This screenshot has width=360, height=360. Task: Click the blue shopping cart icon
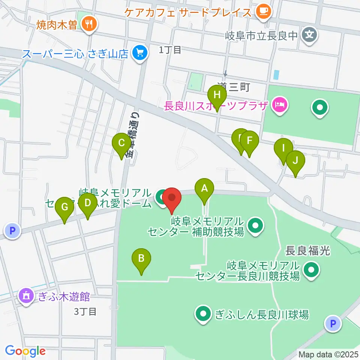[140, 53]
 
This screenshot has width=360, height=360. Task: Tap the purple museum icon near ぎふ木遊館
[26, 296]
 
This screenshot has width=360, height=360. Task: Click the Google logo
[25, 351]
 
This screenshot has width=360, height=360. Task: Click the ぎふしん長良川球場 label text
[262, 315]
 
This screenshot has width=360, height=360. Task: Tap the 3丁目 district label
[85, 311]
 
